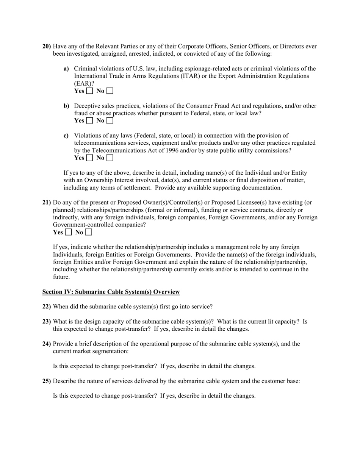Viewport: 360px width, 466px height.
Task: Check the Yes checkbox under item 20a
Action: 89,91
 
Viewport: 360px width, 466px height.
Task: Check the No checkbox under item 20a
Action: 110,91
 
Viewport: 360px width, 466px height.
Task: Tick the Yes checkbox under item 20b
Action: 89,121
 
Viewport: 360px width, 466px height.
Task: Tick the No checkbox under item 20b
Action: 110,121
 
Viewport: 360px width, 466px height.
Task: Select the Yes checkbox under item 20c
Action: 89,158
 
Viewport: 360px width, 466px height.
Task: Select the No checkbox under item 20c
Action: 110,158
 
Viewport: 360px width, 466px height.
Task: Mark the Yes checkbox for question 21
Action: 68,232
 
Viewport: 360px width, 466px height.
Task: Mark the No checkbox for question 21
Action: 88,232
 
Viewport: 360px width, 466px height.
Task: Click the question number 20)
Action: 47,46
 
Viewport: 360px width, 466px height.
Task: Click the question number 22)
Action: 47,306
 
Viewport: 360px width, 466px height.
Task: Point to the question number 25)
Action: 47,381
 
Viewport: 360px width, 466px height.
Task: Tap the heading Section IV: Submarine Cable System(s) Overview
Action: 111,292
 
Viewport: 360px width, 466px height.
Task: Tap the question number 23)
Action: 47,321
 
